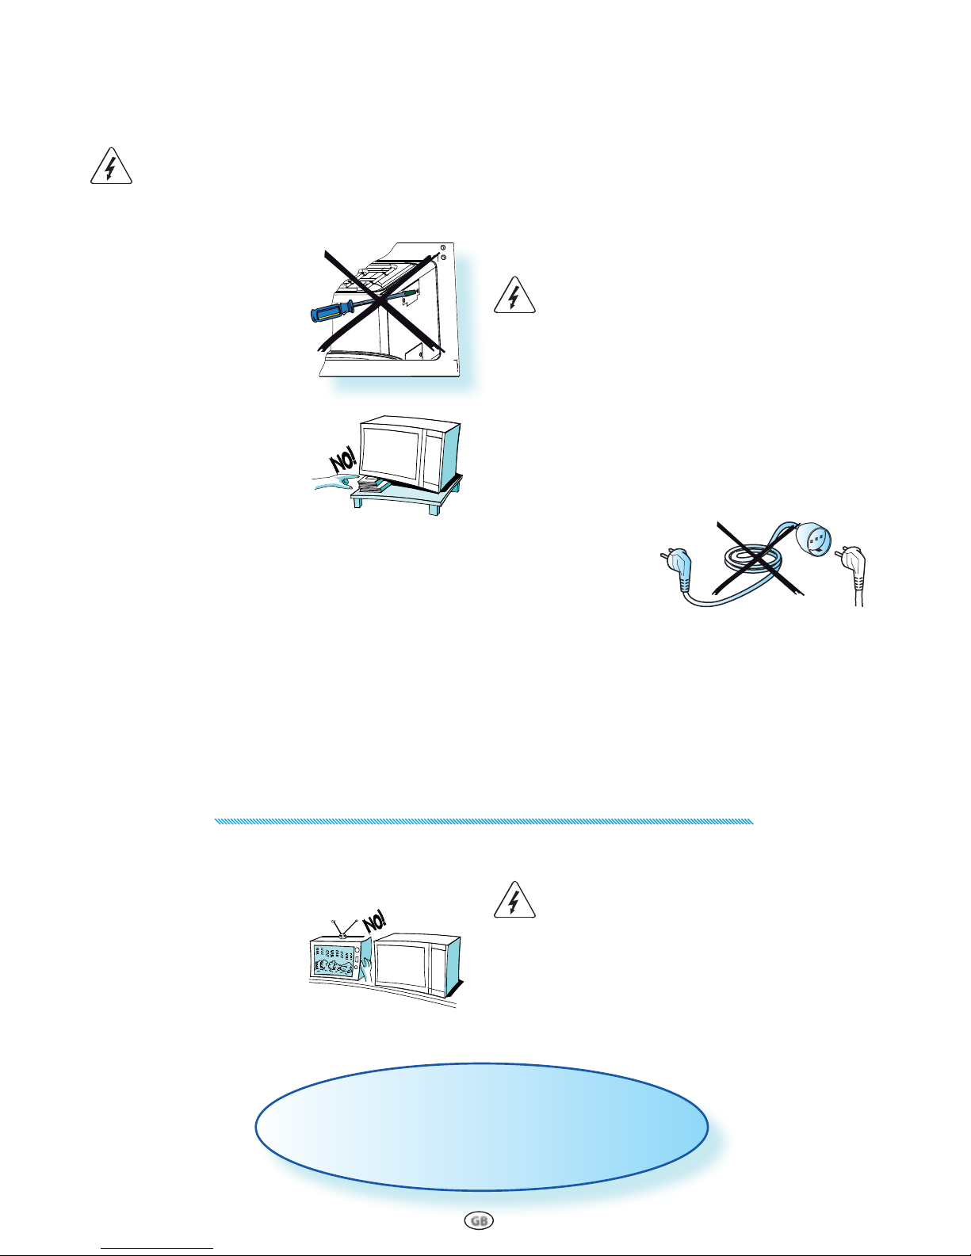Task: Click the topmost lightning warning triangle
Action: tap(111, 166)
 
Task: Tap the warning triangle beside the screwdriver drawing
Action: tap(514, 296)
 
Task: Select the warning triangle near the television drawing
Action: tap(514, 900)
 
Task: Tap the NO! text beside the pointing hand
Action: tap(343, 460)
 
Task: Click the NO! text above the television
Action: tap(374, 922)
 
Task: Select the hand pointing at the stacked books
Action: tap(335, 482)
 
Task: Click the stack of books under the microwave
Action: tap(368, 484)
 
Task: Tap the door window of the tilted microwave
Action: tap(391, 456)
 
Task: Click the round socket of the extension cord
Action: tap(815, 538)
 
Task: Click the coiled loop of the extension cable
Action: tap(755, 559)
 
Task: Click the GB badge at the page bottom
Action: tap(479, 1220)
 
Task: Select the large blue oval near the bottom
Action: tap(481, 1127)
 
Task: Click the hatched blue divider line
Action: tap(484, 821)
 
